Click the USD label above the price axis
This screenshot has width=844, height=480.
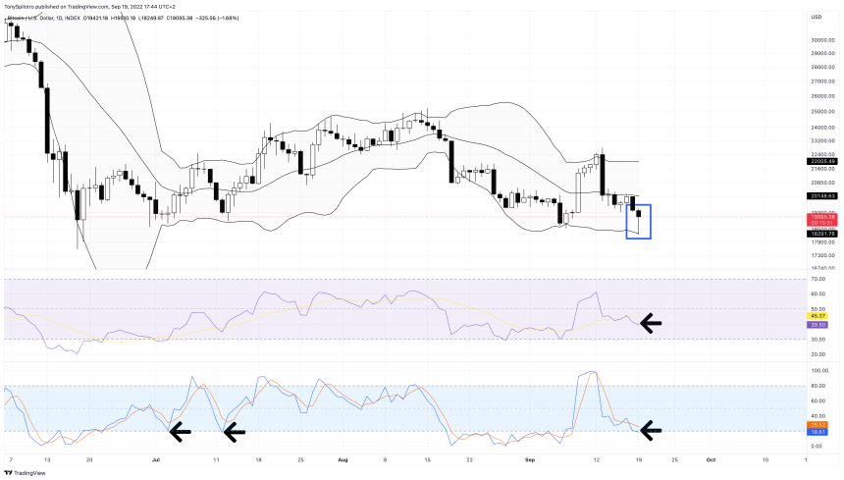point(816,17)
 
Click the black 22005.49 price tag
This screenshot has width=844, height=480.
point(821,161)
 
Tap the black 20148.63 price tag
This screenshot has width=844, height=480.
point(821,195)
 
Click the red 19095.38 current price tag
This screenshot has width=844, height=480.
point(821,216)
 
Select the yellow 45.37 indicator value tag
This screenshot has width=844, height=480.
point(817,316)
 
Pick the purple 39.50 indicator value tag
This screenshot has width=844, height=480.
point(817,324)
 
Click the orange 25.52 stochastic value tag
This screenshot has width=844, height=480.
point(817,424)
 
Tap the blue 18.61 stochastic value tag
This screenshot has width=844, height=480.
point(817,432)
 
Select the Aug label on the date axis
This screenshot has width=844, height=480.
point(343,458)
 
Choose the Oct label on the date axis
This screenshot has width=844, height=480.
point(711,458)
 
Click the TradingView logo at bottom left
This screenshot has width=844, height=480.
point(27,472)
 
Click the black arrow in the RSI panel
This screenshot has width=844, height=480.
point(651,321)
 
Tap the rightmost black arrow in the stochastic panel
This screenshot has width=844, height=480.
point(651,429)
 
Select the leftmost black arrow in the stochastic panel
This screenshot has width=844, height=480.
point(181,429)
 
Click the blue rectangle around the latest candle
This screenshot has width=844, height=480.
point(638,221)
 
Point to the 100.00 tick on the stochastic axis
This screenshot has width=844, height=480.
point(818,371)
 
